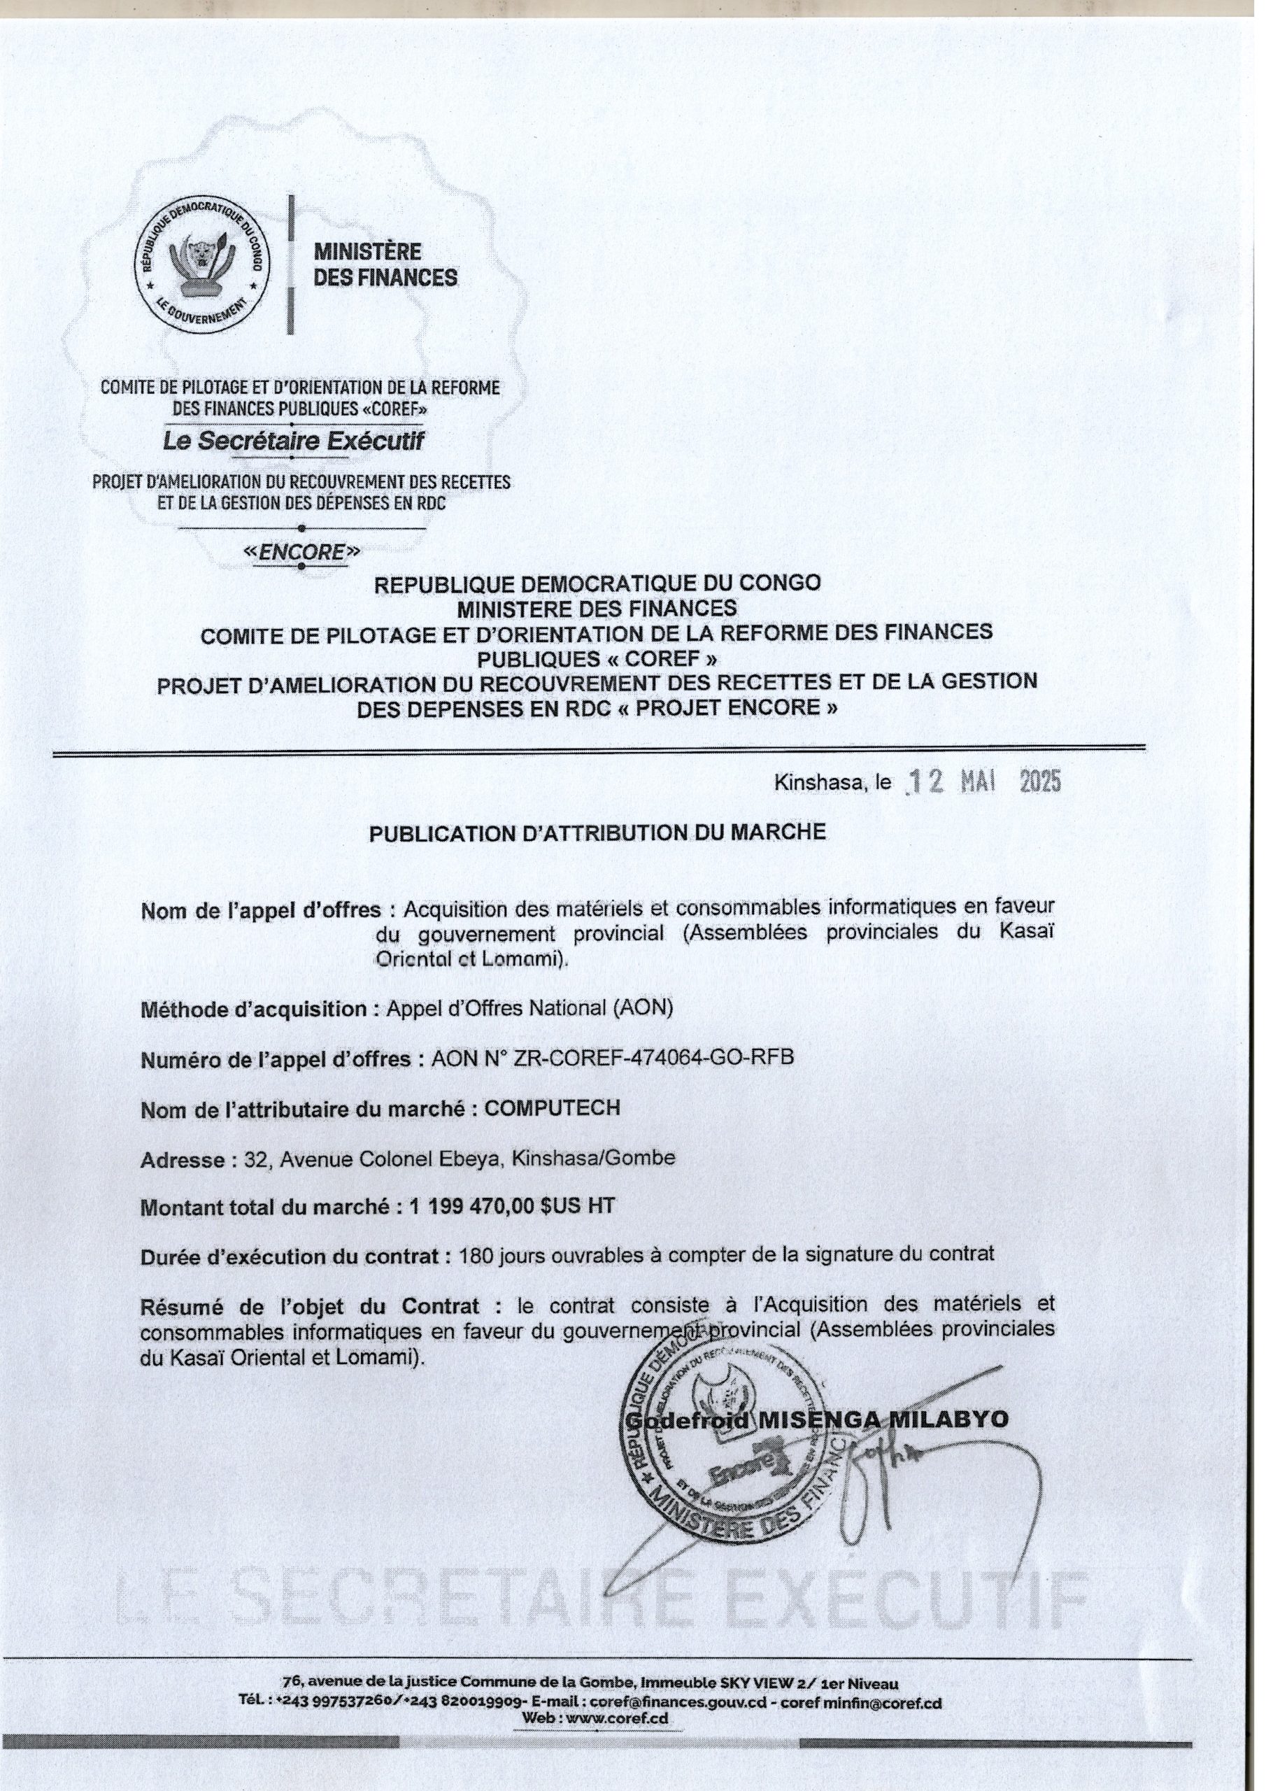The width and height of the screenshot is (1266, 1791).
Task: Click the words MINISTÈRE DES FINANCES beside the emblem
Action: coord(385,264)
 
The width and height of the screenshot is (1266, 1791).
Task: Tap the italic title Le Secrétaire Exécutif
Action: coord(293,441)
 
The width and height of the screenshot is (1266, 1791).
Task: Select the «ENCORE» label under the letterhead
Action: coord(302,552)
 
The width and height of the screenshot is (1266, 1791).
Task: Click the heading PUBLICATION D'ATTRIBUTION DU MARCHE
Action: coord(597,833)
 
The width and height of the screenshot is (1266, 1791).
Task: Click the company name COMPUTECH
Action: coord(553,1107)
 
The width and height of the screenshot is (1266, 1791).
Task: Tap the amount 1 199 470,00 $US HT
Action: coord(511,1206)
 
